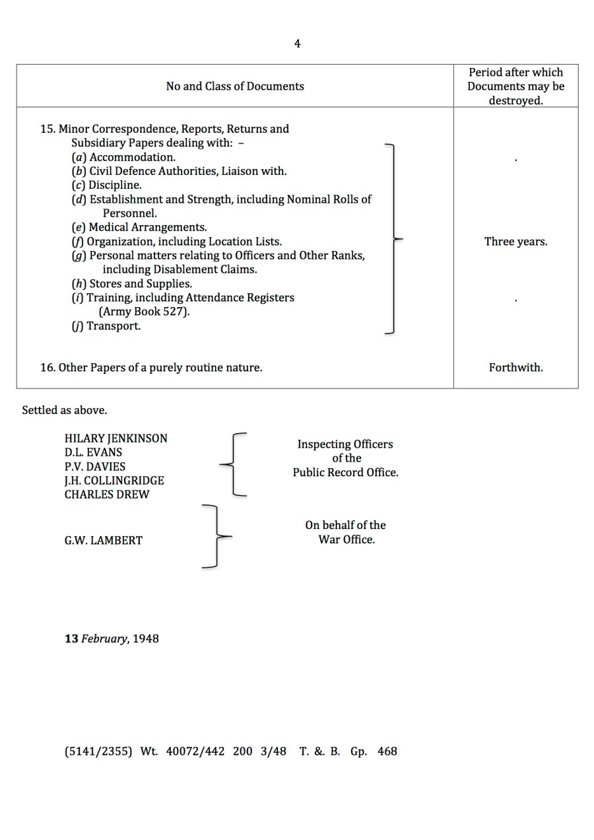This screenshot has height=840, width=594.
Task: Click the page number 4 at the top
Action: (x=297, y=44)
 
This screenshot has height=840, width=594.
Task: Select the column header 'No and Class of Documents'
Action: (x=235, y=87)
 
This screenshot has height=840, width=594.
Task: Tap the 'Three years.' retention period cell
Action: (x=515, y=242)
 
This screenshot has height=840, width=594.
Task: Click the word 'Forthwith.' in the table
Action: (x=515, y=368)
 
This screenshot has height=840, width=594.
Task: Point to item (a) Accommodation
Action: (x=123, y=157)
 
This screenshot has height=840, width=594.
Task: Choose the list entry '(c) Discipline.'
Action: (x=106, y=186)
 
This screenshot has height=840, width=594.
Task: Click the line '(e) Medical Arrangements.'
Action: (x=139, y=227)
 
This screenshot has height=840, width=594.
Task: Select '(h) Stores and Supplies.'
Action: (x=131, y=284)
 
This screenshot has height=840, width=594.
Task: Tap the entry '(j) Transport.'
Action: (x=106, y=326)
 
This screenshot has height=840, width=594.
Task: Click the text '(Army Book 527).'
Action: (x=144, y=312)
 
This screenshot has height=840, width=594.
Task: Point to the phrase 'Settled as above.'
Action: (x=64, y=410)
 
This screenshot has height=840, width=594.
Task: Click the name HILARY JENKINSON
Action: (x=115, y=438)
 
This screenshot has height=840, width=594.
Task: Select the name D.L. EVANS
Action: (x=93, y=452)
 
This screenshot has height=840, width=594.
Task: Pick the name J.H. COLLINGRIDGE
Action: (x=114, y=481)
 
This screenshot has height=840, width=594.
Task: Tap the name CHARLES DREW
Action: (x=107, y=495)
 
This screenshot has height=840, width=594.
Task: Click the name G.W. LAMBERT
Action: (x=103, y=540)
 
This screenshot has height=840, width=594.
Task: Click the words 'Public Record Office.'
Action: (x=345, y=473)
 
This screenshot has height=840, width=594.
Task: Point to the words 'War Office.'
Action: (x=346, y=540)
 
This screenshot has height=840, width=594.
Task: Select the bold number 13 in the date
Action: (x=71, y=639)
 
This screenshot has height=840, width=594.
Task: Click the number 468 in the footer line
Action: (x=387, y=752)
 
